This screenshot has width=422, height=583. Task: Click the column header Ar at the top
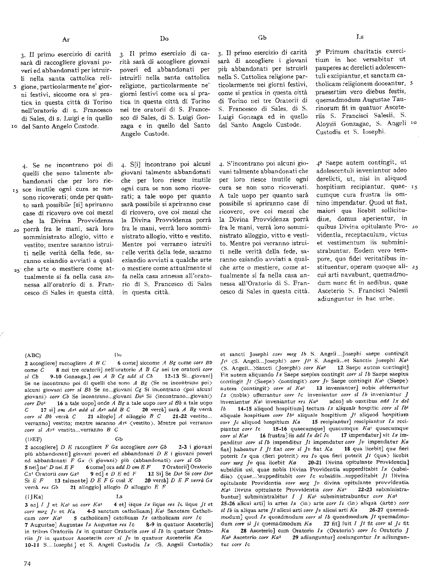pos(66,40)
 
